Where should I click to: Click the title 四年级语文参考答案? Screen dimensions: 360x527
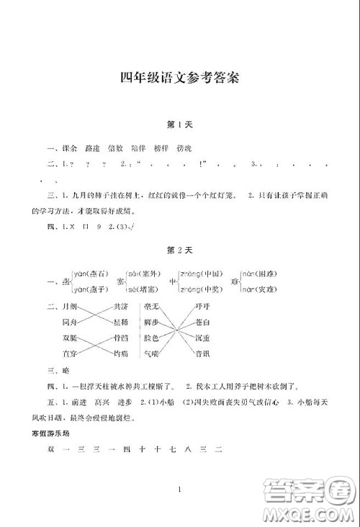[180, 78]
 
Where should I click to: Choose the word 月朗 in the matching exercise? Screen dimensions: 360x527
[71, 307]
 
